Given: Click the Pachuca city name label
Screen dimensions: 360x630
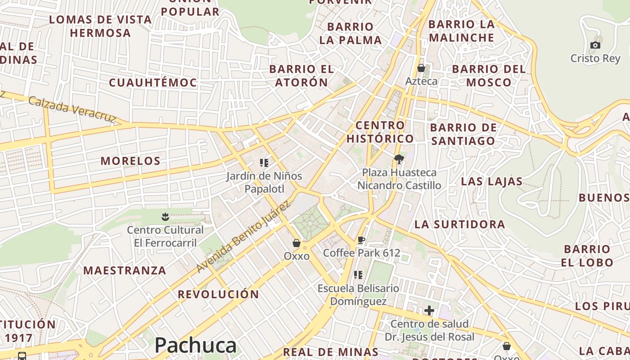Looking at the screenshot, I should click(x=195, y=346).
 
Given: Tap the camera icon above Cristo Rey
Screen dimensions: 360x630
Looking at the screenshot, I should click(x=595, y=45).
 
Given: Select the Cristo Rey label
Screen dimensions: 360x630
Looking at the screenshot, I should click(x=595, y=58).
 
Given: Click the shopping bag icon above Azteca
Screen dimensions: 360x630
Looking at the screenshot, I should click(x=421, y=68).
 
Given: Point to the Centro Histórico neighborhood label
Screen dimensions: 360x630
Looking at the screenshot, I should click(x=380, y=131).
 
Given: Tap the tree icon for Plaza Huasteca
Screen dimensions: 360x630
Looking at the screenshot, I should click(x=399, y=159).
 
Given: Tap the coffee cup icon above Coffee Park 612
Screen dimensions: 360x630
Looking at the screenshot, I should click(x=361, y=240).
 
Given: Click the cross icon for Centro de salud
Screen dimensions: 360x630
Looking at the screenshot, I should click(x=429, y=310).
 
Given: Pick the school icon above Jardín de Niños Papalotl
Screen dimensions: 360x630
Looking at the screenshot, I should click(x=264, y=163).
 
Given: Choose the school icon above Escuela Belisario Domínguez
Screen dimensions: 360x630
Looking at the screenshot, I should click(x=358, y=275).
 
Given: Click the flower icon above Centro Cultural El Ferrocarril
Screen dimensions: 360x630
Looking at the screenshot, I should click(x=165, y=217).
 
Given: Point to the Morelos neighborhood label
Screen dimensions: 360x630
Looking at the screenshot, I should click(x=130, y=161).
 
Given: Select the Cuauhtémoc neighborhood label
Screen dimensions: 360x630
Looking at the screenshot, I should click(x=153, y=82).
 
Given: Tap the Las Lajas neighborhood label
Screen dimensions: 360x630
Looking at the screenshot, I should click(x=491, y=182).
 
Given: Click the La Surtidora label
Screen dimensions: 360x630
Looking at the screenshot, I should click(x=459, y=224).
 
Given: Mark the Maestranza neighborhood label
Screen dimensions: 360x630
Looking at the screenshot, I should click(x=125, y=270).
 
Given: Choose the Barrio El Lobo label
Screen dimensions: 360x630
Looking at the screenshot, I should click(x=587, y=256).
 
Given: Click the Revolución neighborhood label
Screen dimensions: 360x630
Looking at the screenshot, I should click(x=218, y=294).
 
